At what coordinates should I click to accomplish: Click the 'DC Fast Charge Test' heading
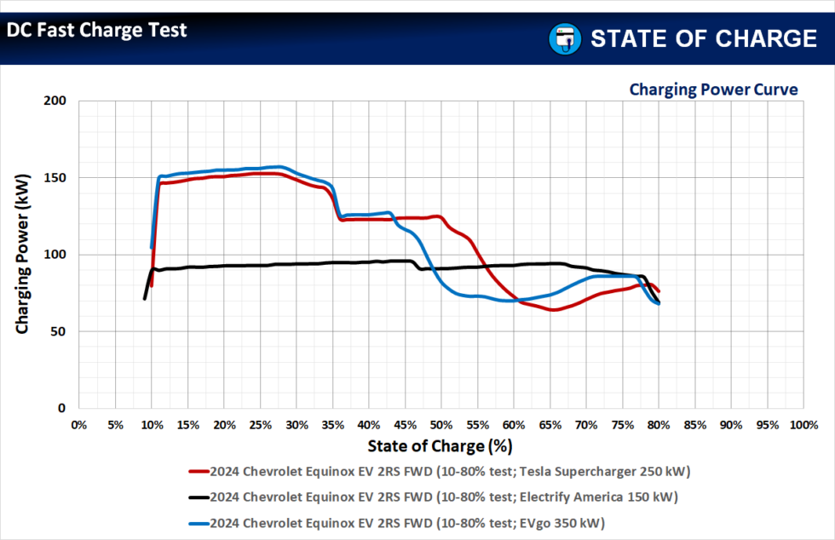tap(97, 31)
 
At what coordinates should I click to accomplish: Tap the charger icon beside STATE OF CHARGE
tap(563, 38)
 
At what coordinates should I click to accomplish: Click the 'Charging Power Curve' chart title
tap(712, 89)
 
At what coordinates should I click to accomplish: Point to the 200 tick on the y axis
tap(55, 101)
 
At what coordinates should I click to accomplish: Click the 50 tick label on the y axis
tap(59, 332)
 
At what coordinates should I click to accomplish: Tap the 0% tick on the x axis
tap(78, 424)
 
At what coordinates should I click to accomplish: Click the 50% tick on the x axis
tap(441, 424)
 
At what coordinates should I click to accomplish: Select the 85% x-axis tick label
tap(694, 424)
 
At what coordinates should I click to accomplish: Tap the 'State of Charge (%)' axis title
tap(440, 445)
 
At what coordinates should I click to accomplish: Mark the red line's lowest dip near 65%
tap(554, 310)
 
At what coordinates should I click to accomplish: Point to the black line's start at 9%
tap(144, 298)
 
